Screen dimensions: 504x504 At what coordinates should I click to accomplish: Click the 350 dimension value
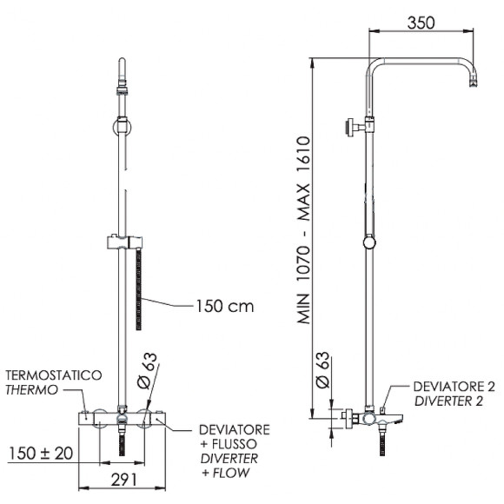[421, 23]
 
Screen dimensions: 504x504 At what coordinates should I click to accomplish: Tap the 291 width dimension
[124, 481]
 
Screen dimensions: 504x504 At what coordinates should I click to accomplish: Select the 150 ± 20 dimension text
[41, 454]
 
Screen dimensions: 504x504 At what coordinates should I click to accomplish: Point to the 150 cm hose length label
[225, 306]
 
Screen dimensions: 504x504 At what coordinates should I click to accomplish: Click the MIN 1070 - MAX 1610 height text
[303, 230]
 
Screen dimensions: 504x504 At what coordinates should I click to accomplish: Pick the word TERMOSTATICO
[54, 375]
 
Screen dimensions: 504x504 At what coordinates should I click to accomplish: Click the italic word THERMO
[31, 390]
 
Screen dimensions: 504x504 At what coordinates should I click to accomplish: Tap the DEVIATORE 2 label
[454, 387]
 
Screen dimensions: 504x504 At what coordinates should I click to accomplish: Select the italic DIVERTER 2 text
[448, 401]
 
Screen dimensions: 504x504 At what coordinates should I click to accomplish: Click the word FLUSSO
[235, 444]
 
